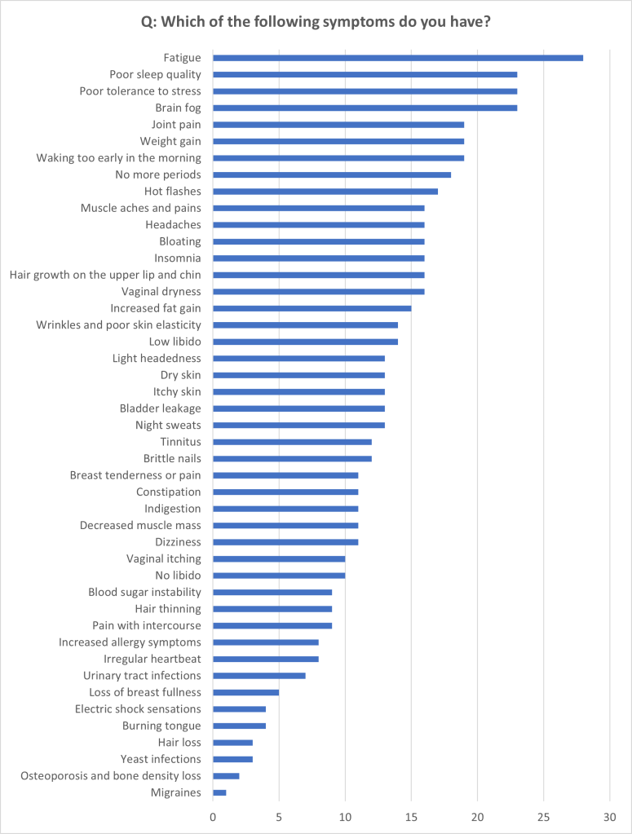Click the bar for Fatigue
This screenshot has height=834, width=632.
(x=398, y=58)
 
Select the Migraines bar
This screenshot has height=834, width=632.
(x=219, y=792)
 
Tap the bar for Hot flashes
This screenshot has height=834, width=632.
(x=325, y=192)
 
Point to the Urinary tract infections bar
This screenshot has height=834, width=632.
(x=259, y=676)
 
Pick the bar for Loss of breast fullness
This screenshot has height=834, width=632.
(x=245, y=692)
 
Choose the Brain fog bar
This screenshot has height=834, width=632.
(x=365, y=108)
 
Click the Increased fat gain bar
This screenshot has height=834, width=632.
(x=312, y=308)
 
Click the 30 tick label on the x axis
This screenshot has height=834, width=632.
(x=609, y=816)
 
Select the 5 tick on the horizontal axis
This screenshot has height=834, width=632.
(x=279, y=816)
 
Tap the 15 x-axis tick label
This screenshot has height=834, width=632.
(x=411, y=816)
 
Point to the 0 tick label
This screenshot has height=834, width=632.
(x=213, y=816)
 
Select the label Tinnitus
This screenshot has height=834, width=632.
(x=180, y=442)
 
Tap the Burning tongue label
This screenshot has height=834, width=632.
(x=161, y=726)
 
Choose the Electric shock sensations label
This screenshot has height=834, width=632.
(x=138, y=709)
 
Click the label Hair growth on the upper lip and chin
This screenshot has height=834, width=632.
(x=105, y=275)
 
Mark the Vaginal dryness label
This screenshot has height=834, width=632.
(x=161, y=291)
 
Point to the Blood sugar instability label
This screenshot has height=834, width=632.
(x=144, y=592)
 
